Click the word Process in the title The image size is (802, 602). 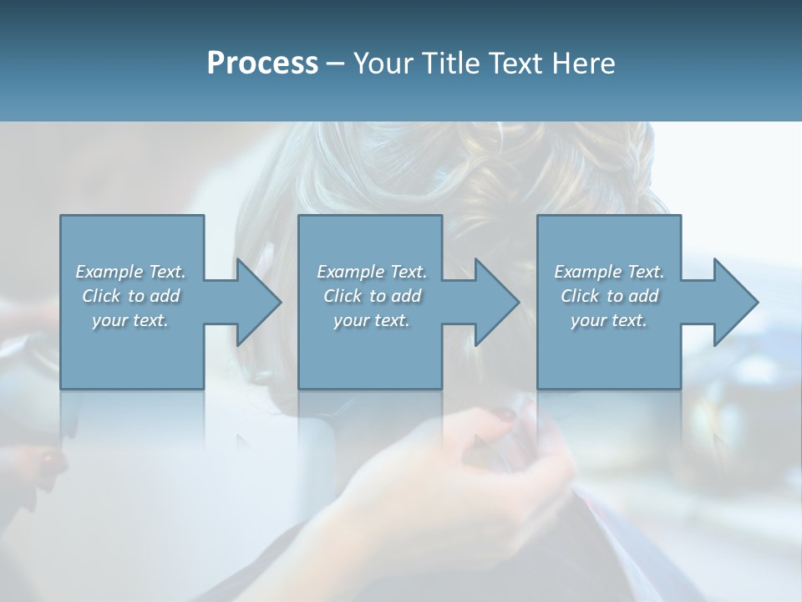[x=262, y=64]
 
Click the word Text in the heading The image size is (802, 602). [x=515, y=64]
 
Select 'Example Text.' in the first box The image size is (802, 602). [x=130, y=272]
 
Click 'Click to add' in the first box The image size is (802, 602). [x=130, y=296]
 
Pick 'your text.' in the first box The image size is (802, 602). [x=130, y=320]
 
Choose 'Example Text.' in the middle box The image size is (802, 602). [x=371, y=272]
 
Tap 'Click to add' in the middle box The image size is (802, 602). [x=371, y=296]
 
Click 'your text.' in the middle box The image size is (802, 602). [x=371, y=320]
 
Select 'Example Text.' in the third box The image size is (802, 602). [x=609, y=272]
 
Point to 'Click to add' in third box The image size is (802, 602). [x=609, y=296]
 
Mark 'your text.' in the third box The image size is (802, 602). [x=609, y=320]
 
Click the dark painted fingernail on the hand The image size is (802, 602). [x=507, y=414]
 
